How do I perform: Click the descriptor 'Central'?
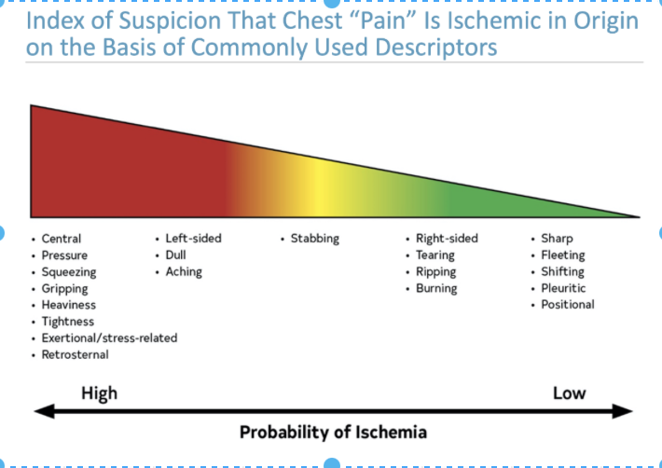(62, 239)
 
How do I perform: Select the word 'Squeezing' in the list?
(68, 272)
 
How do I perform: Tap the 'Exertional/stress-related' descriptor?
(109, 337)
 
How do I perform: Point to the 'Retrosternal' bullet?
(75, 354)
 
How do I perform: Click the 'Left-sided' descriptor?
(193, 239)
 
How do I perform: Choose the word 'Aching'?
(184, 272)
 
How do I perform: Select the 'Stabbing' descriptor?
(315, 239)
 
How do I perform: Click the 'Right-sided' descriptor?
(447, 239)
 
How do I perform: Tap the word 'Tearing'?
(435, 255)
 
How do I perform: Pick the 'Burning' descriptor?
(436, 289)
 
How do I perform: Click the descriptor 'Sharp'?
(558, 239)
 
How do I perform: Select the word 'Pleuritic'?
(563, 289)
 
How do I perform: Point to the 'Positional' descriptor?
(568, 305)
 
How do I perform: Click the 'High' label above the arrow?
(99, 392)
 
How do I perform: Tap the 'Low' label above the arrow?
(569, 392)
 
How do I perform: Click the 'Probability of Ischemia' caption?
(333, 432)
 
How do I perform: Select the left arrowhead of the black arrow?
(42, 410)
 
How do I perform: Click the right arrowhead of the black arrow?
(627, 410)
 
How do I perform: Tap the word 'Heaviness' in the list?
(68, 305)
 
